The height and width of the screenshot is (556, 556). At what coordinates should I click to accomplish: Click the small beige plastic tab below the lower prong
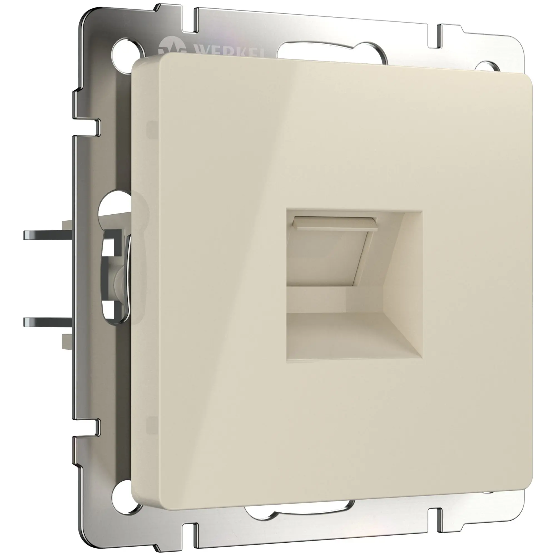(x=67, y=342)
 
